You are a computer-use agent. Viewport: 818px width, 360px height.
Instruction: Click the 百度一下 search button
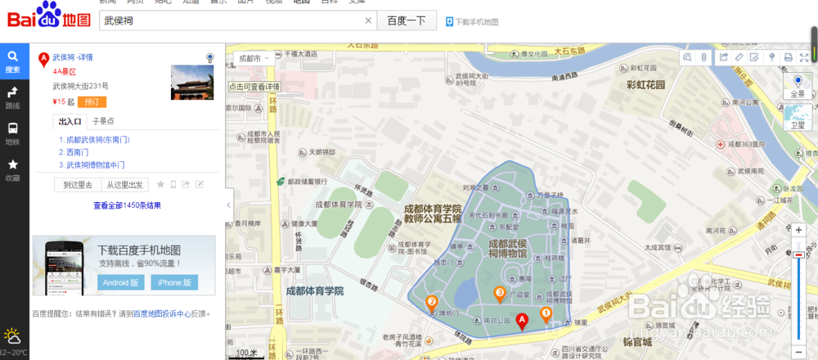407,21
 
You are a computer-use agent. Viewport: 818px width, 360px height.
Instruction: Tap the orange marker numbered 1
546,313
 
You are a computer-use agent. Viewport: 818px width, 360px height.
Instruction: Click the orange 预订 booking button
92,102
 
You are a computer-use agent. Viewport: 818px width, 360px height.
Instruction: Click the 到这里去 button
78,185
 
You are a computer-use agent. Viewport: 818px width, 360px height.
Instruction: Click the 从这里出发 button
124,185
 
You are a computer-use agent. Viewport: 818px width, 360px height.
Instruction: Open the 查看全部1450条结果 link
127,205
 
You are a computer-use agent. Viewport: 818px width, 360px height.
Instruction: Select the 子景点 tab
103,121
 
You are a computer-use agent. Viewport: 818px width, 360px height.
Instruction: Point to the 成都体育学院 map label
315,291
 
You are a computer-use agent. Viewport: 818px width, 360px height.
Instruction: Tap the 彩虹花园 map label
646,85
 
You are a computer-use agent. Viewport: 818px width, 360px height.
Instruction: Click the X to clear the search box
368,21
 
